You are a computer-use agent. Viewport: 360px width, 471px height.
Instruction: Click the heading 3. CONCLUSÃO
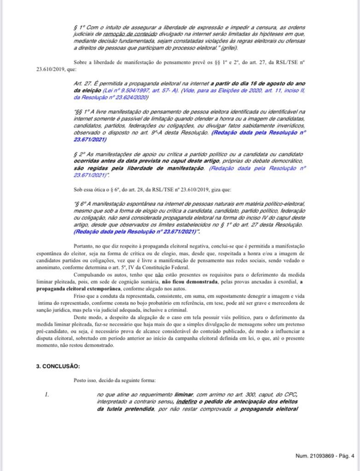pyautogui.click(x=58, y=366)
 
